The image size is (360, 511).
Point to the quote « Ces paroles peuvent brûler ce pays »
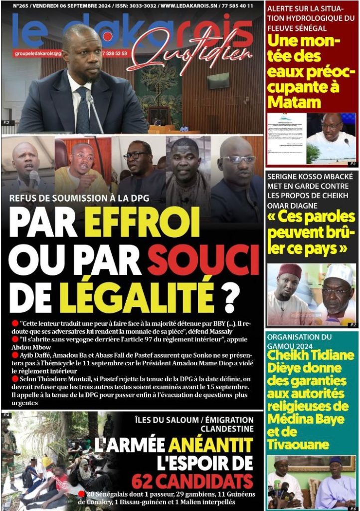click(311, 232)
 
